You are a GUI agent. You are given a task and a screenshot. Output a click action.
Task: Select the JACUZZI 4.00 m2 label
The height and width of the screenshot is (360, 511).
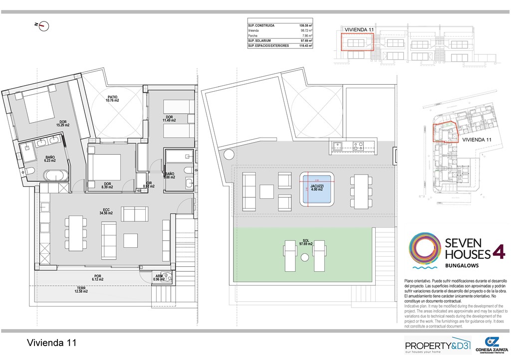[317, 187]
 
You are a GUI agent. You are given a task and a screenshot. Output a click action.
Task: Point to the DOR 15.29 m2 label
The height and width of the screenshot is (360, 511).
[63, 123]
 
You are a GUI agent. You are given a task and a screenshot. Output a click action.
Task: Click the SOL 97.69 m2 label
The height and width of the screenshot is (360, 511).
[305, 242]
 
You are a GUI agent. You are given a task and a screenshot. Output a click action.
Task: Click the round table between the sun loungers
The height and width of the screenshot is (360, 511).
[304, 257]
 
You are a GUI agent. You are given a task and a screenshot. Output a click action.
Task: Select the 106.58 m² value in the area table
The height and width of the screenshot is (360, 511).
[305, 25]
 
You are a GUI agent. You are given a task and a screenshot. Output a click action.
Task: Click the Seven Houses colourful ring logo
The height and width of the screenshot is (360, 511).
[424, 248]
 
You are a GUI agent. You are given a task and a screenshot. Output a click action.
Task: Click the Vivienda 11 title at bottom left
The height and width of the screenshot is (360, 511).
[52, 343]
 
